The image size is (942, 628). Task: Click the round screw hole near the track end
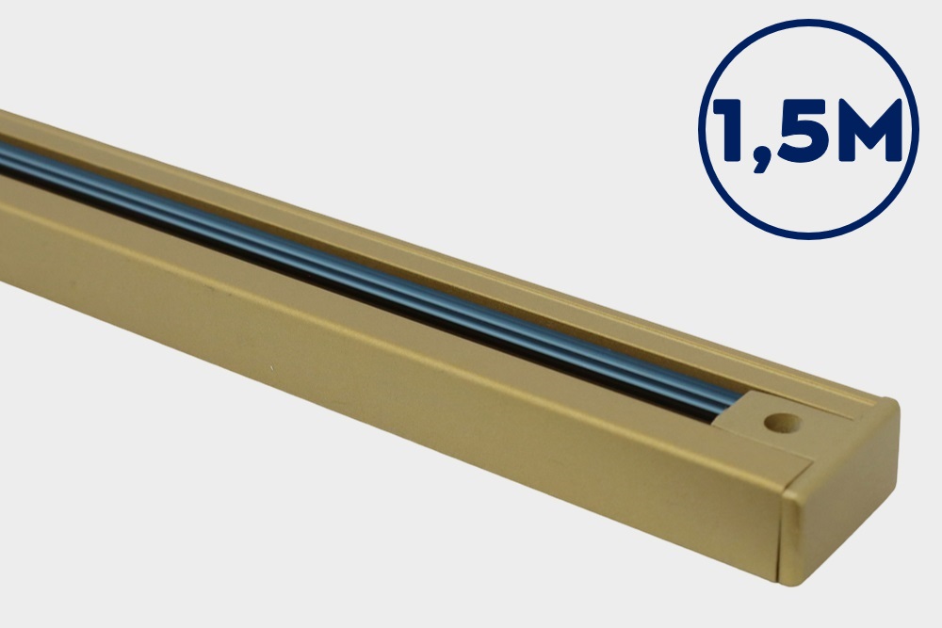point(782,424)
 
